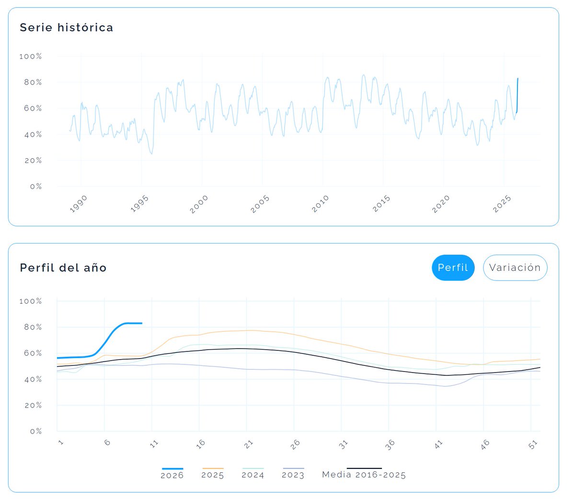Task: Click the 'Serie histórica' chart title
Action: (x=66, y=28)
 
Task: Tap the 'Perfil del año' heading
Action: (x=63, y=268)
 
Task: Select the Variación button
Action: (x=515, y=268)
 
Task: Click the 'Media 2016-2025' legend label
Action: (x=364, y=475)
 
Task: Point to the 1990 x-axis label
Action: (x=79, y=204)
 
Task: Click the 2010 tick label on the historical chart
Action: (x=321, y=204)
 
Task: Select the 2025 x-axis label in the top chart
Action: (x=502, y=204)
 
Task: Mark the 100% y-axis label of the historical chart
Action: (x=31, y=57)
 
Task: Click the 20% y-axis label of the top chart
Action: (x=33, y=161)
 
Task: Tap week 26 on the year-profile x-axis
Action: (x=295, y=444)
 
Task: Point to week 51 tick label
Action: (x=533, y=444)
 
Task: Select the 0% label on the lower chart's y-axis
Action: (x=36, y=432)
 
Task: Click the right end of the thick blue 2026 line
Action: (x=141, y=323)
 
